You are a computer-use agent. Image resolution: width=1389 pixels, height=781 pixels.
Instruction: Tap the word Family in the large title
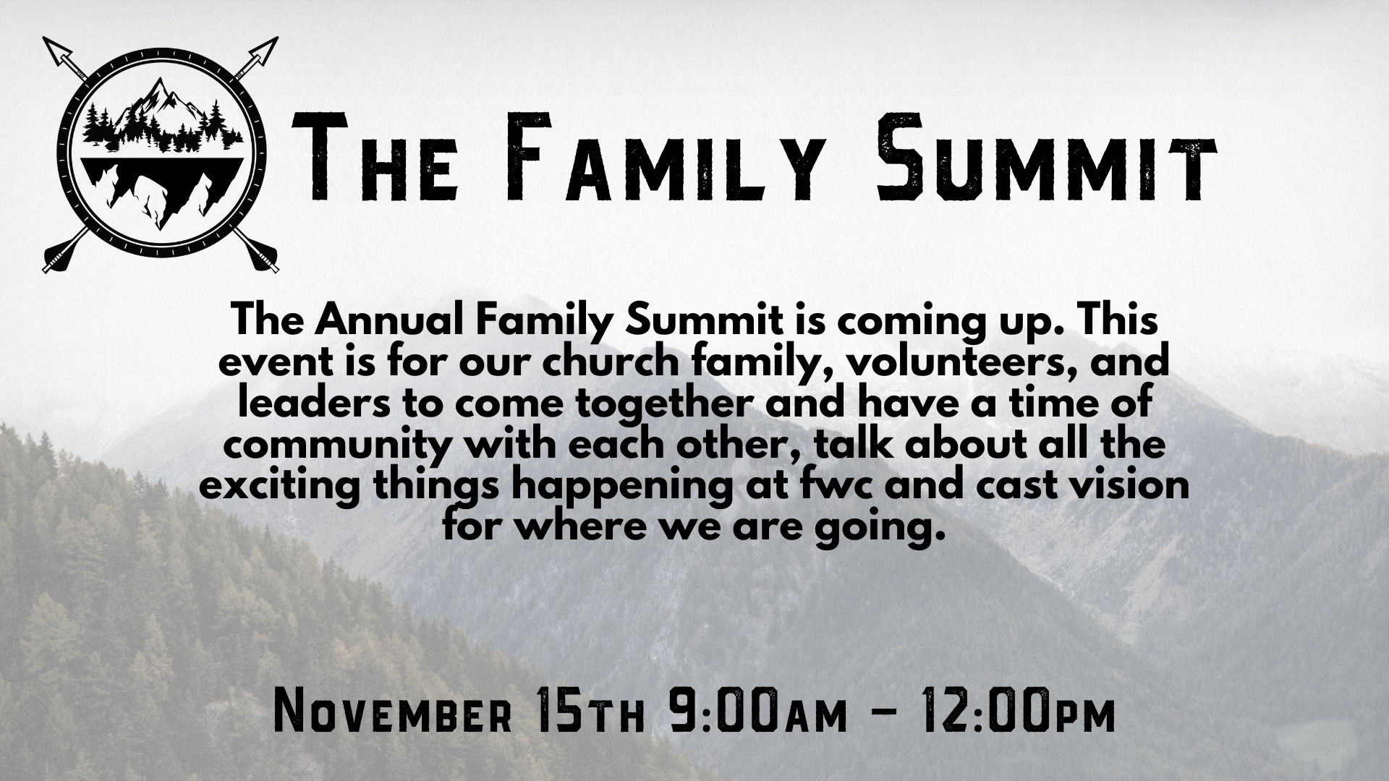pyautogui.click(x=651, y=159)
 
